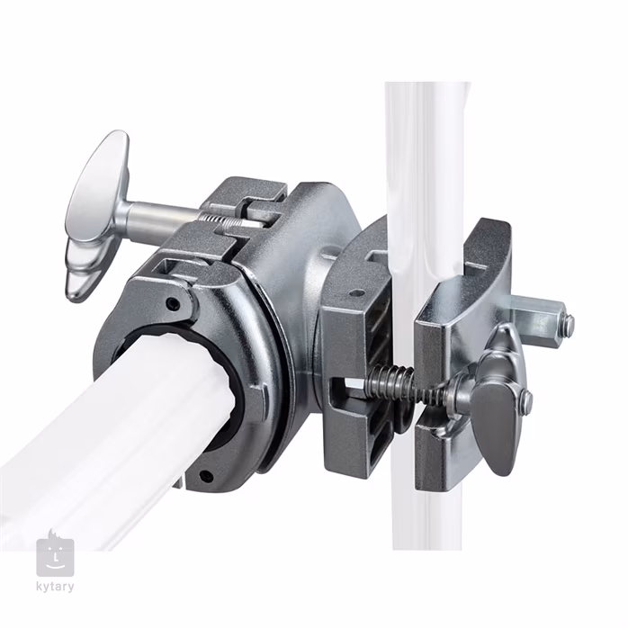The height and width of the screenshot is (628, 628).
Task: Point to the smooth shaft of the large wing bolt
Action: pos(162,216)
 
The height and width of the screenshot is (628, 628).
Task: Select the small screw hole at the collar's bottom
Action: pos(206,476)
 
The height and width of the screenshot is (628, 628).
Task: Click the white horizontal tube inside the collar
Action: pos(117,423)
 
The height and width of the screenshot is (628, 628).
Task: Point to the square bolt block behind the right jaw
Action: pos(536,315)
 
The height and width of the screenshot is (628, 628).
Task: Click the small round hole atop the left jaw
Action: pos(357,292)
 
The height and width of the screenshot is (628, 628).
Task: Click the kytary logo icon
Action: pos(55,555)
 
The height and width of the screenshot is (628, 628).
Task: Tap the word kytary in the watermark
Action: pos(55,588)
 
